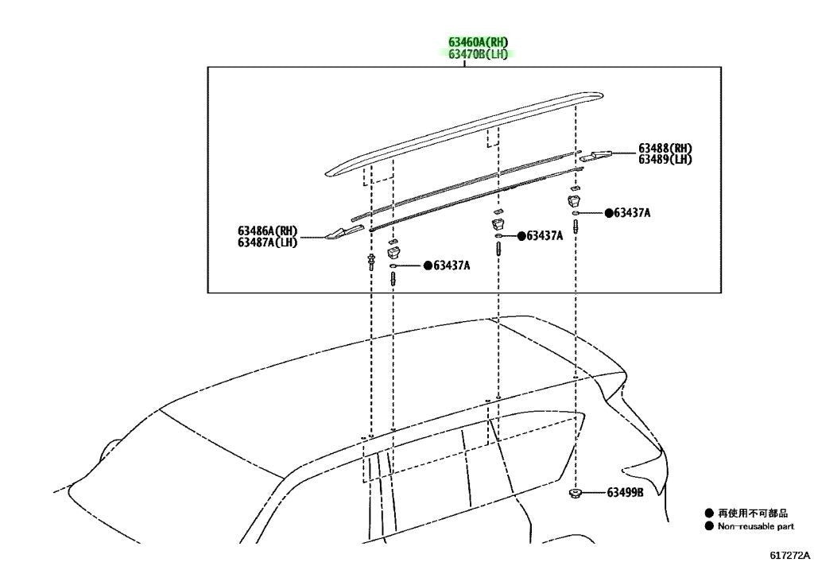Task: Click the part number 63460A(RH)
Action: (x=478, y=41)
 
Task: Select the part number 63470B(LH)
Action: (x=478, y=54)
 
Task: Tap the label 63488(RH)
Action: (x=665, y=149)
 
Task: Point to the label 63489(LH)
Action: (x=665, y=160)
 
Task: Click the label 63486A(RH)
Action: (x=268, y=231)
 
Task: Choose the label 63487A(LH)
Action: (x=268, y=242)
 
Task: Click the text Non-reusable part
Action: (x=756, y=526)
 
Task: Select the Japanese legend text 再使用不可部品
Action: (x=753, y=514)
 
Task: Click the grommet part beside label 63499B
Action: (x=575, y=493)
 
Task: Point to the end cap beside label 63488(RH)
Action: (x=595, y=155)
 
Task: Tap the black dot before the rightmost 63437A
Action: (x=609, y=213)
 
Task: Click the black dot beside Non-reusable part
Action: (x=709, y=526)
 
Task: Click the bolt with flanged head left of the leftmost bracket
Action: (x=371, y=262)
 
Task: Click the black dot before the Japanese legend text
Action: (x=709, y=514)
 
